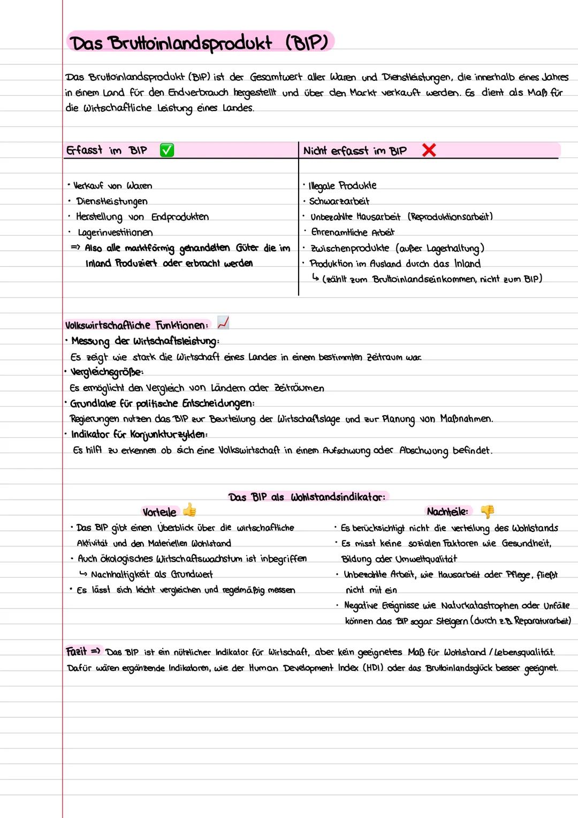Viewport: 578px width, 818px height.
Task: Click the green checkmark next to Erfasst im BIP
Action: (x=167, y=151)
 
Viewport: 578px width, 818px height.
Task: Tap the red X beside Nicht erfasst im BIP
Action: (x=429, y=151)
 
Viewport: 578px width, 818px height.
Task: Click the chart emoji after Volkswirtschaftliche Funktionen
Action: (x=223, y=323)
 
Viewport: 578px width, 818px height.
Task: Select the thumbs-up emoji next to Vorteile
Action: (x=189, y=510)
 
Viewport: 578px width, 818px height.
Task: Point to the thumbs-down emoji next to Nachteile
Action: (x=487, y=512)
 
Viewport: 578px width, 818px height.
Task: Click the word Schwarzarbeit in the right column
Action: (x=339, y=201)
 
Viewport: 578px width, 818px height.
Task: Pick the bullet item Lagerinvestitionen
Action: (x=115, y=232)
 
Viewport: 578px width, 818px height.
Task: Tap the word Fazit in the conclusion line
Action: (x=77, y=652)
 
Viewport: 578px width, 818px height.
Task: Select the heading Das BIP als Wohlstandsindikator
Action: (x=307, y=497)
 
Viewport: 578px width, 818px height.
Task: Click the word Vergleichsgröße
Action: (x=108, y=372)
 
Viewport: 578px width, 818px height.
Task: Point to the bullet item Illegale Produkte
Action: (x=343, y=186)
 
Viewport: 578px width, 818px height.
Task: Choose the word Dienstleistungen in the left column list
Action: (x=111, y=201)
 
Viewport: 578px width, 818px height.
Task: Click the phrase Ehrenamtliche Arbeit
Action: (x=353, y=232)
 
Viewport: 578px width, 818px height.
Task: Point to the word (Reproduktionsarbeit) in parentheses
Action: (x=450, y=217)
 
